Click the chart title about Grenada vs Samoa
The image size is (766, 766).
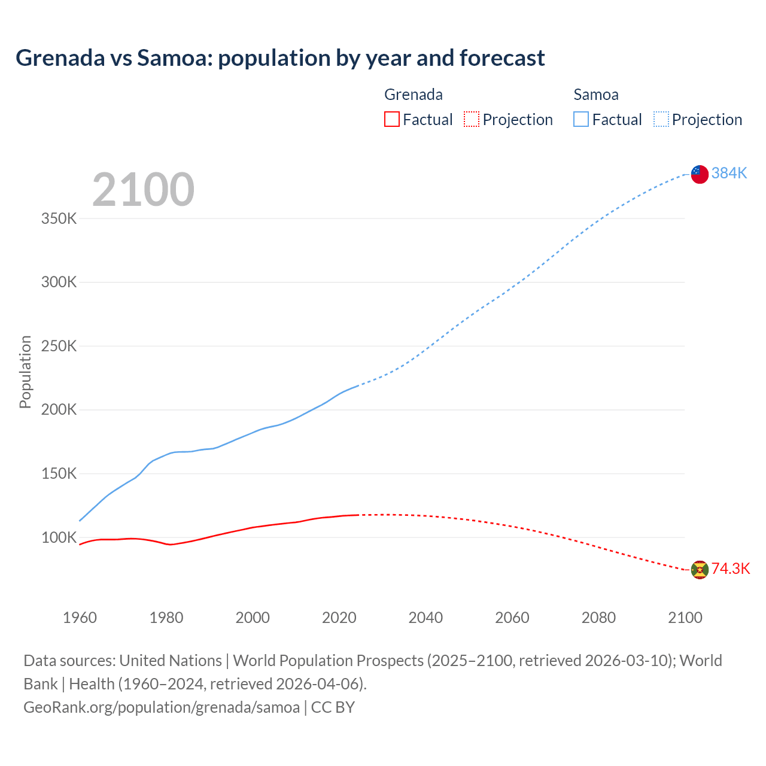[x=280, y=58]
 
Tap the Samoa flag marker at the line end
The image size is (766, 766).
[x=700, y=174]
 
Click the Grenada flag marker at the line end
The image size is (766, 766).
[x=700, y=570]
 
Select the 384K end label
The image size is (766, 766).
[x=729, y=173]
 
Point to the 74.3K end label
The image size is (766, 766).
[x=730, y=569]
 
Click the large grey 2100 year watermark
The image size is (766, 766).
[x=143, y=190]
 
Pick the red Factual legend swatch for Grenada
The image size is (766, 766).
[x=391, y=119]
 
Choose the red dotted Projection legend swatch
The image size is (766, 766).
[x=472, y=119]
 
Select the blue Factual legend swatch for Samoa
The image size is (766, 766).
[x=580, y=119]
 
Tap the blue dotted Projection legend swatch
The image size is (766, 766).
[x=661, y=119]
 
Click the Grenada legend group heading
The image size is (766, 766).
[x=413, y=95]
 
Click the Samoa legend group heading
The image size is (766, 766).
[x=595, y=95]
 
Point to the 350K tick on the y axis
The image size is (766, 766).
[x=59, y=218]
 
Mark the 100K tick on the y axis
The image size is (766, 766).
[x=59, y=537]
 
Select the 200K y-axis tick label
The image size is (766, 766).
[x=59, y=410]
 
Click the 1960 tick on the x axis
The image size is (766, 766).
[x=80, y=618]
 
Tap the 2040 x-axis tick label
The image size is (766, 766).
[x=425, y=618]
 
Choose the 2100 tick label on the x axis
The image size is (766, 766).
[x=685, y=618]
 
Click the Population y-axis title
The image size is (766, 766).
[x=25, y=372]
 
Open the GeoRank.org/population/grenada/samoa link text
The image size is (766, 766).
[x=162, y=707]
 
